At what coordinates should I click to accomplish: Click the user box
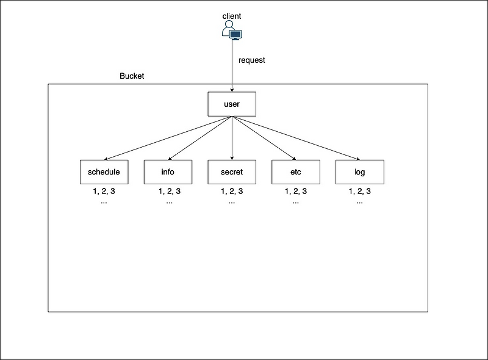tap(232, 104)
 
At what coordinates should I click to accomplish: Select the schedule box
tap(104, 172)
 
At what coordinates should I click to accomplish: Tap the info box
tap(168, 172)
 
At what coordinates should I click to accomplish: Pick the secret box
tap(232, 172)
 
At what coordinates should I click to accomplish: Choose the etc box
tap(296, 172)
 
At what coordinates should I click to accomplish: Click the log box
tap(359, 172)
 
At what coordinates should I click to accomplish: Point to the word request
tap(251, 61)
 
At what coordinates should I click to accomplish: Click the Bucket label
tap(132, 77)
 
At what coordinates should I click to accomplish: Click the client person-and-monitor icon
tap(232, 32)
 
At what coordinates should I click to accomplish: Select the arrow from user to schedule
tap(168, 138)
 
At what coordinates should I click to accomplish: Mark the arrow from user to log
tap(296, 138)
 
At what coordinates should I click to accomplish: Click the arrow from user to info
tap(200, 138)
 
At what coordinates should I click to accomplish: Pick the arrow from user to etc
tap(264, 138)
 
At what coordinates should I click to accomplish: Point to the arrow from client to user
tap(232, 67)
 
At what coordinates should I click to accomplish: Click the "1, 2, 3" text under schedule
tap(104, 191)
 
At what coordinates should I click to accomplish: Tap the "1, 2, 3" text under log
tap(359, 191)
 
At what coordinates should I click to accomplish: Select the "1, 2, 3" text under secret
tap(232, 191)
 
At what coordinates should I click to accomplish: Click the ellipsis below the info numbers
tap(169, 201)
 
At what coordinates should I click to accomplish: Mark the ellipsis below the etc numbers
tap(296, 201)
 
